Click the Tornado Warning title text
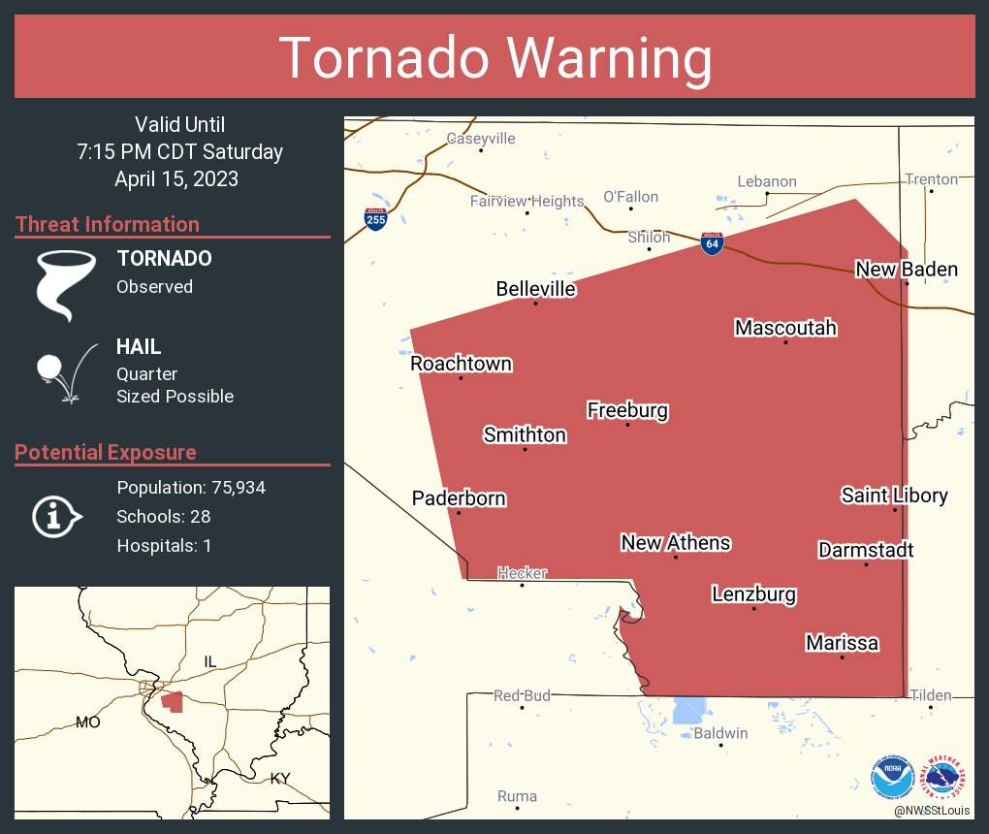[495, 57]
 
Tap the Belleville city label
[535, 289]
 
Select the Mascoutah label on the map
[785, 328]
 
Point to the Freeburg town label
[627, 410]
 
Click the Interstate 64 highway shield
[712, 243]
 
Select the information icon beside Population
[56, 516]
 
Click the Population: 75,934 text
[191, 487]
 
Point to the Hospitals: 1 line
[164, 545]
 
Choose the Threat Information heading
[108, 224]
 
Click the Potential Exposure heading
[106, 452]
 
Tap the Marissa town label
[842, 643]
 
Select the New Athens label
[675, 542]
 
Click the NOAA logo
[892, 777]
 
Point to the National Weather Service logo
[944, 777]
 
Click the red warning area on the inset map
[173, 701]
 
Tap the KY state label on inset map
[280, 778]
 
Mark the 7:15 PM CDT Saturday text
[180, 152]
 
